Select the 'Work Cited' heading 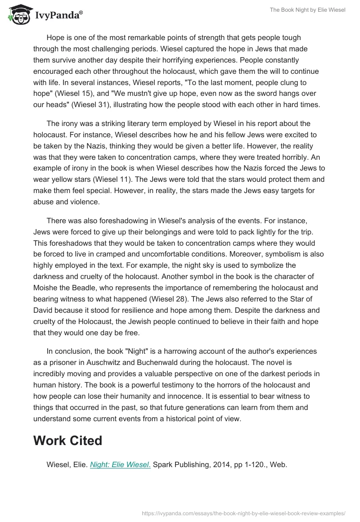(67, 440)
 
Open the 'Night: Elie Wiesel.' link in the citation (120, 465)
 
